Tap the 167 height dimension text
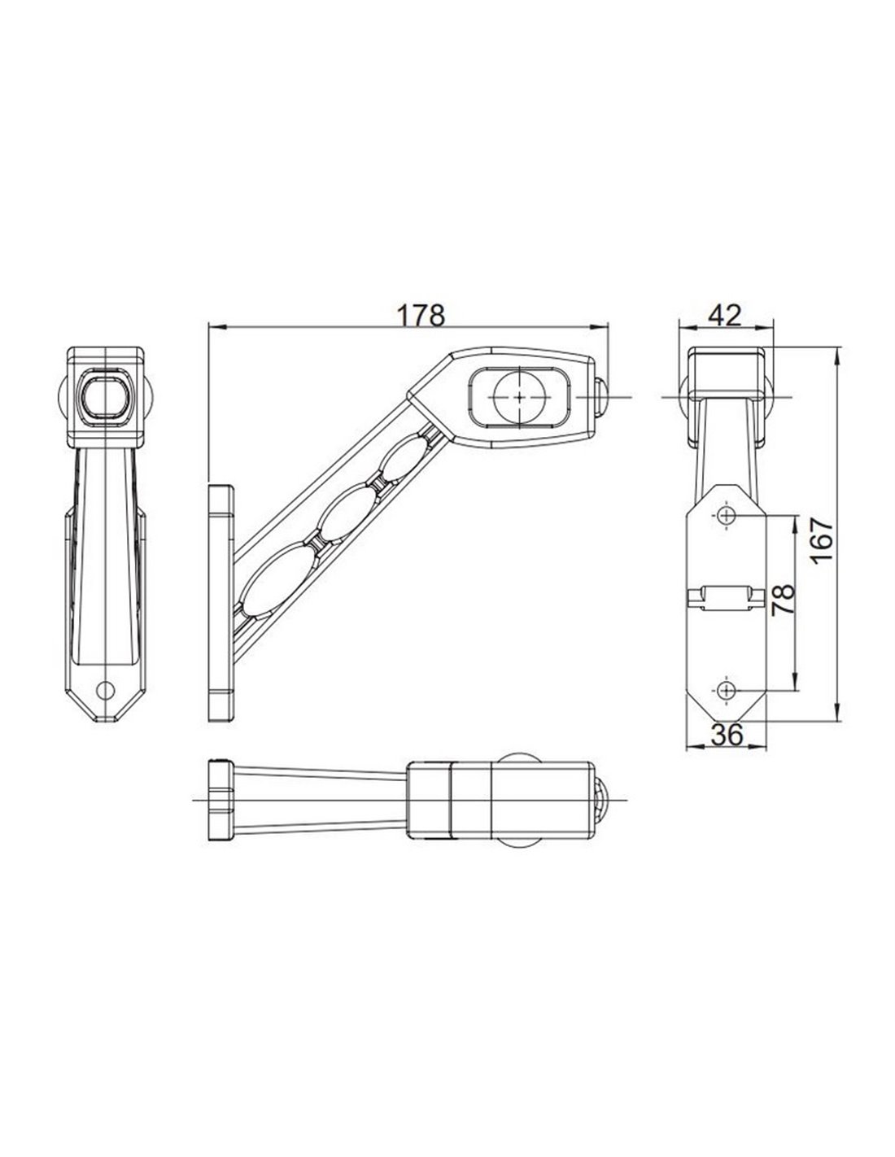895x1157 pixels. click(820, 540)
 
